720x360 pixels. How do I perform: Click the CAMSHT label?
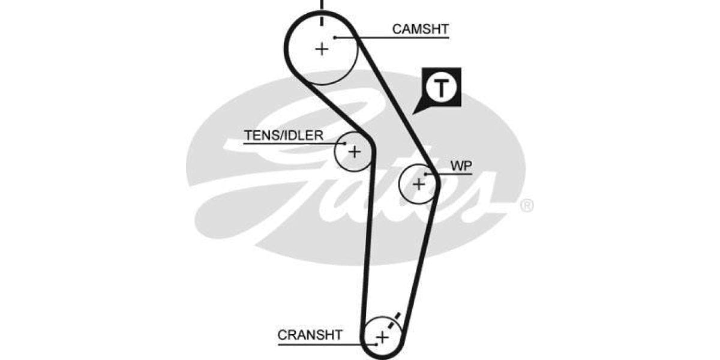coord(420,28)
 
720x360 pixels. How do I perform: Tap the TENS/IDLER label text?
coord(283,135)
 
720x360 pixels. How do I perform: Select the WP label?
coord(461,166)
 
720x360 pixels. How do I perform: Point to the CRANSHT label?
coord(310,334)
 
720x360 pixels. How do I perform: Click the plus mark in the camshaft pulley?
coord(322,48)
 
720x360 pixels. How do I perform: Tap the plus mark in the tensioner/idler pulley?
coord(355,152)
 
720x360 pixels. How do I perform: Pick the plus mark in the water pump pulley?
coord(419,184)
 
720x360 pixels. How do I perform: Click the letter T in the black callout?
coord(442,88)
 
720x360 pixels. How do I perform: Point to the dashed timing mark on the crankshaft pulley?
coord(394,321)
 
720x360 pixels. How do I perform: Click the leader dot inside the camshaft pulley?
coord(336,38)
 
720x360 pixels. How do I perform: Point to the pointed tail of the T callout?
coord(415,112)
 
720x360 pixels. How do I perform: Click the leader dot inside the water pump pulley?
coord(425,174)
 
